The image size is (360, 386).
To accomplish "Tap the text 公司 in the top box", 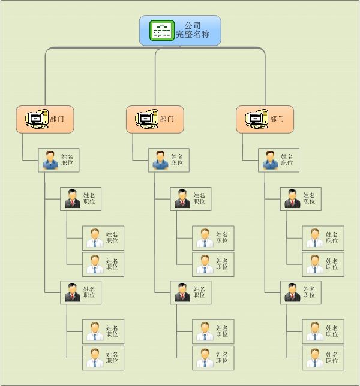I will [x=193, y=26].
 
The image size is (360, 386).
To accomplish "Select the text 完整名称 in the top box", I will [x=193, y=35].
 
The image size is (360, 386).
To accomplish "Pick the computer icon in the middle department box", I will [x=147, y=119].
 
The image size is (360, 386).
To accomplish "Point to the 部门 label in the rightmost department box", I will [x=277, y=119].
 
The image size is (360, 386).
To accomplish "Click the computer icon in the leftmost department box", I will [x=37, y=119].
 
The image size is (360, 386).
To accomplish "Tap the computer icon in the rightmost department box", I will [x=257, y=119].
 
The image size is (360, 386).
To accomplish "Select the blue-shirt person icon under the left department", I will [x=50, y=160].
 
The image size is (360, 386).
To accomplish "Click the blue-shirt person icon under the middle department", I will [x=160, y=160].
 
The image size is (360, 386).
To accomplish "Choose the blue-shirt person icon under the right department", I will [x=270, y=160].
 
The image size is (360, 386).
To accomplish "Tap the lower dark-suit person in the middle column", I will [x=182, y=292].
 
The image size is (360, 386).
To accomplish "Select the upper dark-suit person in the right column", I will [x=292, y=199].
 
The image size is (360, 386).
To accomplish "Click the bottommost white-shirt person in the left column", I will [x=95, y=358].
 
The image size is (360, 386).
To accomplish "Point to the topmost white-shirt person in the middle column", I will [x=205, y=238].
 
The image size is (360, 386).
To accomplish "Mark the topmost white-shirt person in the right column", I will [x=314, y=238].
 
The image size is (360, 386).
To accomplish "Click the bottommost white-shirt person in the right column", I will [x=314, y=358].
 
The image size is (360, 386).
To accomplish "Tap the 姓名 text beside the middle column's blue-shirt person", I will [x=177, y=156].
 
